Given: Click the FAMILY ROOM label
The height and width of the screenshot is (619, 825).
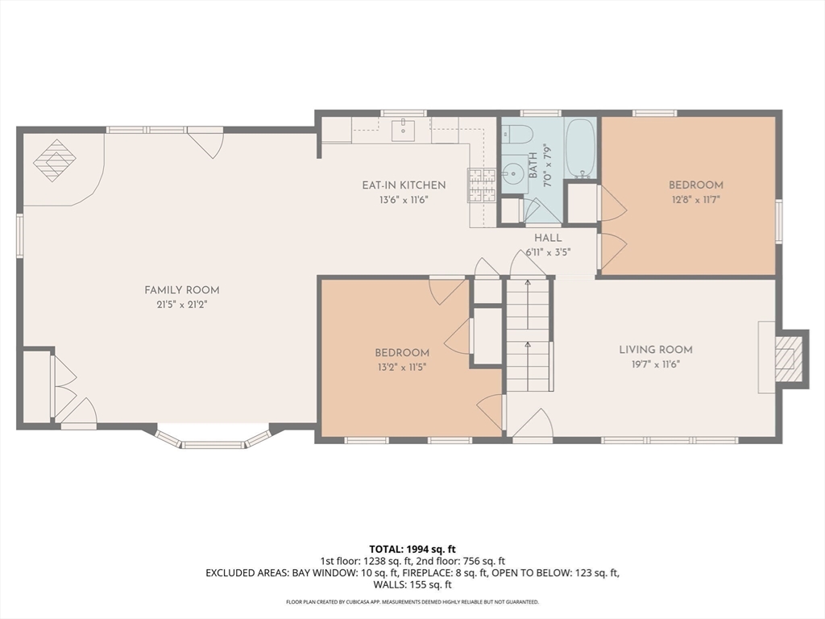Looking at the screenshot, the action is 181,290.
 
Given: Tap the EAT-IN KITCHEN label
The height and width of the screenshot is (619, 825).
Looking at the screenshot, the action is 404,185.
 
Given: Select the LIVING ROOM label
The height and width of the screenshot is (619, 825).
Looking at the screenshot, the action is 656,350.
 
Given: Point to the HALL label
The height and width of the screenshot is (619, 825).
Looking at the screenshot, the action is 548,238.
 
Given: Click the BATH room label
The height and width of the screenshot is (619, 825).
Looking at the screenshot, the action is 533,165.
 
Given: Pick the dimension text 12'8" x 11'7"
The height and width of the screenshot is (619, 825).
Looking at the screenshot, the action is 695,200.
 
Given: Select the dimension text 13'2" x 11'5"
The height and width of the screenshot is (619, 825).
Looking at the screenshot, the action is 401,368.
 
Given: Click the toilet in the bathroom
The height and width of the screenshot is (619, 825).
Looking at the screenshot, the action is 516,134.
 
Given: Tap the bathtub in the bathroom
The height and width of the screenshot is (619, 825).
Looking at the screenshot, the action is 580,148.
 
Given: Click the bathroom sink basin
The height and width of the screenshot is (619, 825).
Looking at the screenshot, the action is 510,171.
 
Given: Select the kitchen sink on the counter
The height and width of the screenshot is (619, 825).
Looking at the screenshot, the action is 403,130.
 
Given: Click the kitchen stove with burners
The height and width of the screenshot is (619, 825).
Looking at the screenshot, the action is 482,185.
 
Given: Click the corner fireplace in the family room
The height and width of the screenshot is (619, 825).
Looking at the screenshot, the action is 54,160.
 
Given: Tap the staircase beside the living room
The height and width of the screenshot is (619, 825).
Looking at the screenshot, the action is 528,334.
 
